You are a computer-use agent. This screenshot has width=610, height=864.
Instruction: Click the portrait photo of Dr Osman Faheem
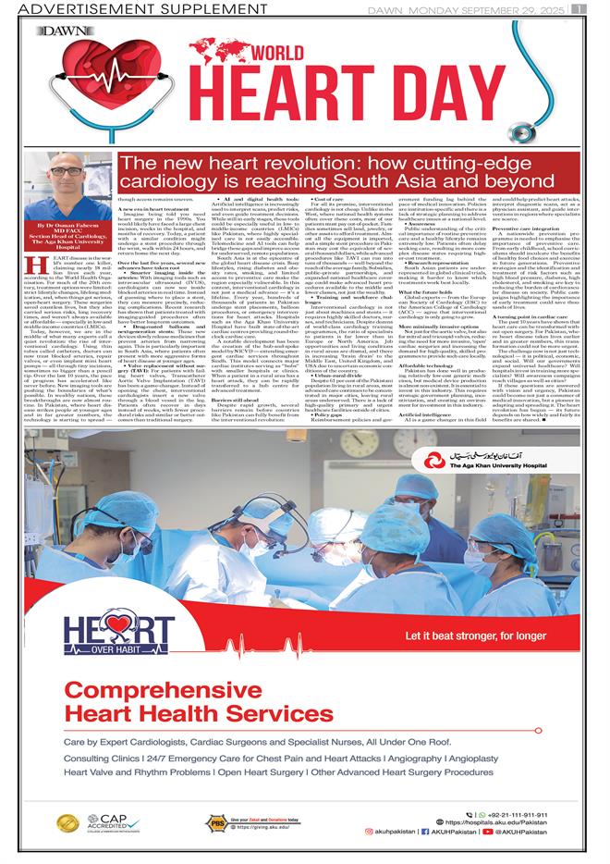(61, 189)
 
